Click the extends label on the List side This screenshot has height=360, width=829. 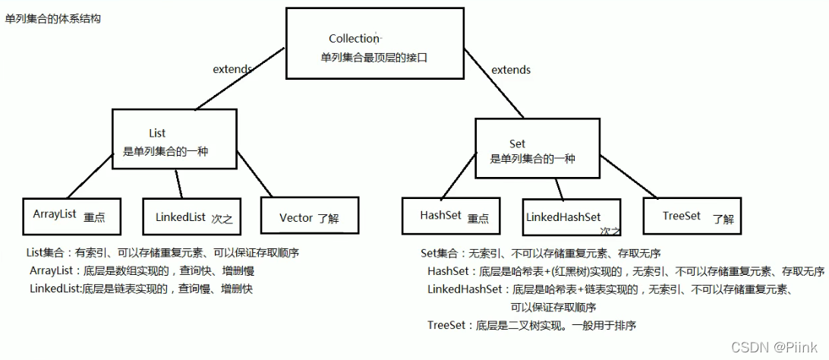tap(232, 69)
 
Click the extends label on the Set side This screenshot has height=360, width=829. tap(511, 70)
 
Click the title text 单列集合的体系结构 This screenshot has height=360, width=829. tap(52, 18)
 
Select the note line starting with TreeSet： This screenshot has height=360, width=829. tap(531, 325)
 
